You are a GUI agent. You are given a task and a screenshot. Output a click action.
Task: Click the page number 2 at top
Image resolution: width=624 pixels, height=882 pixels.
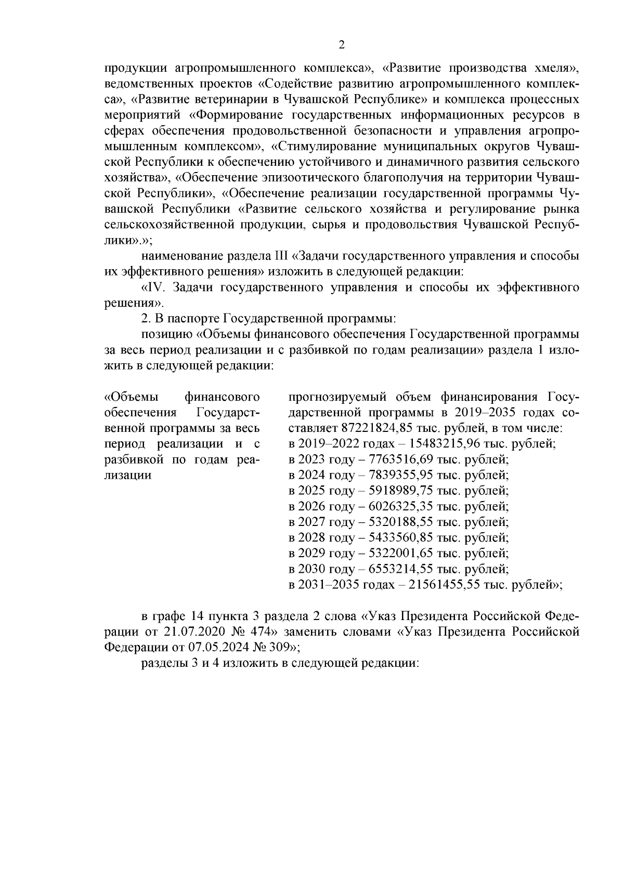[x=342, y=45]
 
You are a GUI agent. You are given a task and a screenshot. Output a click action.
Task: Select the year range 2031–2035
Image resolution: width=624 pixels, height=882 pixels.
[x=326, y=584]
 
